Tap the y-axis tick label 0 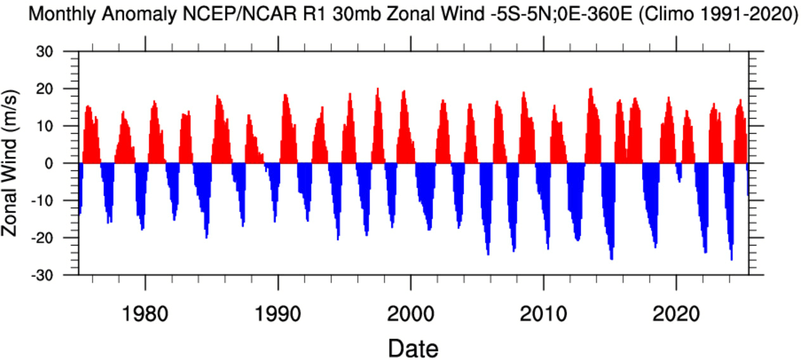(65, 164)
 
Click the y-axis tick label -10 (57, 201)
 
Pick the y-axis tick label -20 (57, 238)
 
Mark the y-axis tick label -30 (57, 276)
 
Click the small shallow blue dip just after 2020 (679, 172)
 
